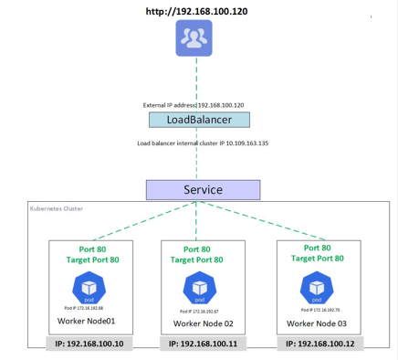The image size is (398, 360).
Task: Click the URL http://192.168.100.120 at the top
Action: [196, 12]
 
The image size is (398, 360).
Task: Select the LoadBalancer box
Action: [198, 120]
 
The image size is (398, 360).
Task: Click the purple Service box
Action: [203, 190]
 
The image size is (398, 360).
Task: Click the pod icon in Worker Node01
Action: [89, 286]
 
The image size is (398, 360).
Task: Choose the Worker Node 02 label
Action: [203, 323]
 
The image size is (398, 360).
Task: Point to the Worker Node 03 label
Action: [318, 323]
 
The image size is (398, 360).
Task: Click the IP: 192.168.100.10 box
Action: [89, 344]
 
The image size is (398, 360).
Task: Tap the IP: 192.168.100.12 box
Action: [318, 344]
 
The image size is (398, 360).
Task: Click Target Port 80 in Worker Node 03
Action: [318, 259]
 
